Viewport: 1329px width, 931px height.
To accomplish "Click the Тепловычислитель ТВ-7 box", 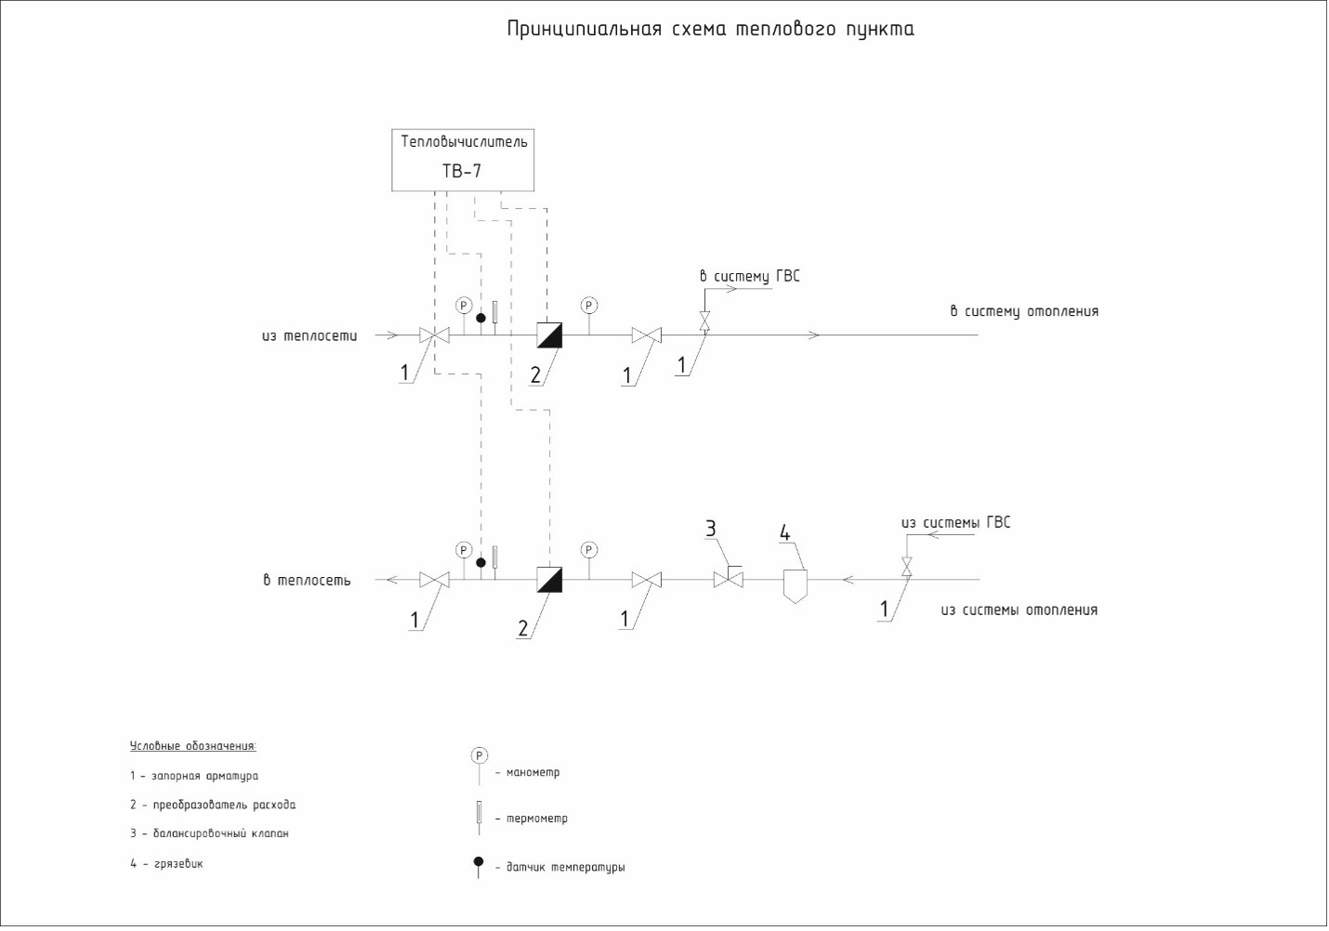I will (x=463, y=160).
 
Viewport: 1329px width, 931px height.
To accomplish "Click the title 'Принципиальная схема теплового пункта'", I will (x=710, y=29).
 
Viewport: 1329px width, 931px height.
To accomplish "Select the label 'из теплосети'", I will (x=309, y=335).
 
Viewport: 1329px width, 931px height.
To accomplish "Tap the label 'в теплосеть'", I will (x=307, y=581).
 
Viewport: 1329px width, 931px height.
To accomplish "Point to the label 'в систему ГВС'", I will (x=749, y=276).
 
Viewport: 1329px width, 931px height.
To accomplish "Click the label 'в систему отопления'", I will (x=1023, y=311).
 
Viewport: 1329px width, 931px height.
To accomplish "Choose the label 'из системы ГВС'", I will (x=955, y=522).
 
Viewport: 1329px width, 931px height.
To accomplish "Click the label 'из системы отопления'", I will (x=1019, y=610).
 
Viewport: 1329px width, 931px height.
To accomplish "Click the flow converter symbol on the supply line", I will (x=549, y=334).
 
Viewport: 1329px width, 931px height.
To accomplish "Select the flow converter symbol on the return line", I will (x=549, y=580).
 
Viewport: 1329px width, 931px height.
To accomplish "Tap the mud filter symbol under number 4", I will (x=794, y=584).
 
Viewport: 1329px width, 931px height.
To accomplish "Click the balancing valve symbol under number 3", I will (x=728, y=579).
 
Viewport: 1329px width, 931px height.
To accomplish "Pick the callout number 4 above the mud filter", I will (x=784, y=533).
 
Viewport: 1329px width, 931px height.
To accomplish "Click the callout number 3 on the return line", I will (x=711, y=529).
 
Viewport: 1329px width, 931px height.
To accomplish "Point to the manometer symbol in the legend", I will (x=479, y=756).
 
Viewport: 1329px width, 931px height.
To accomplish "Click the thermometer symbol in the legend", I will (x=479, y=813).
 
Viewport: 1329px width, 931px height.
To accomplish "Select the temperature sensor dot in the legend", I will (x=479, y=862).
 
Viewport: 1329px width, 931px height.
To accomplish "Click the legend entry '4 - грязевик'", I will (x=166, y=864).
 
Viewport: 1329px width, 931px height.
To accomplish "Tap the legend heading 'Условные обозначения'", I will (x=192, y=746).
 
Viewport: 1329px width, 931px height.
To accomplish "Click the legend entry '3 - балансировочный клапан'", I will (x=209, y=833).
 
